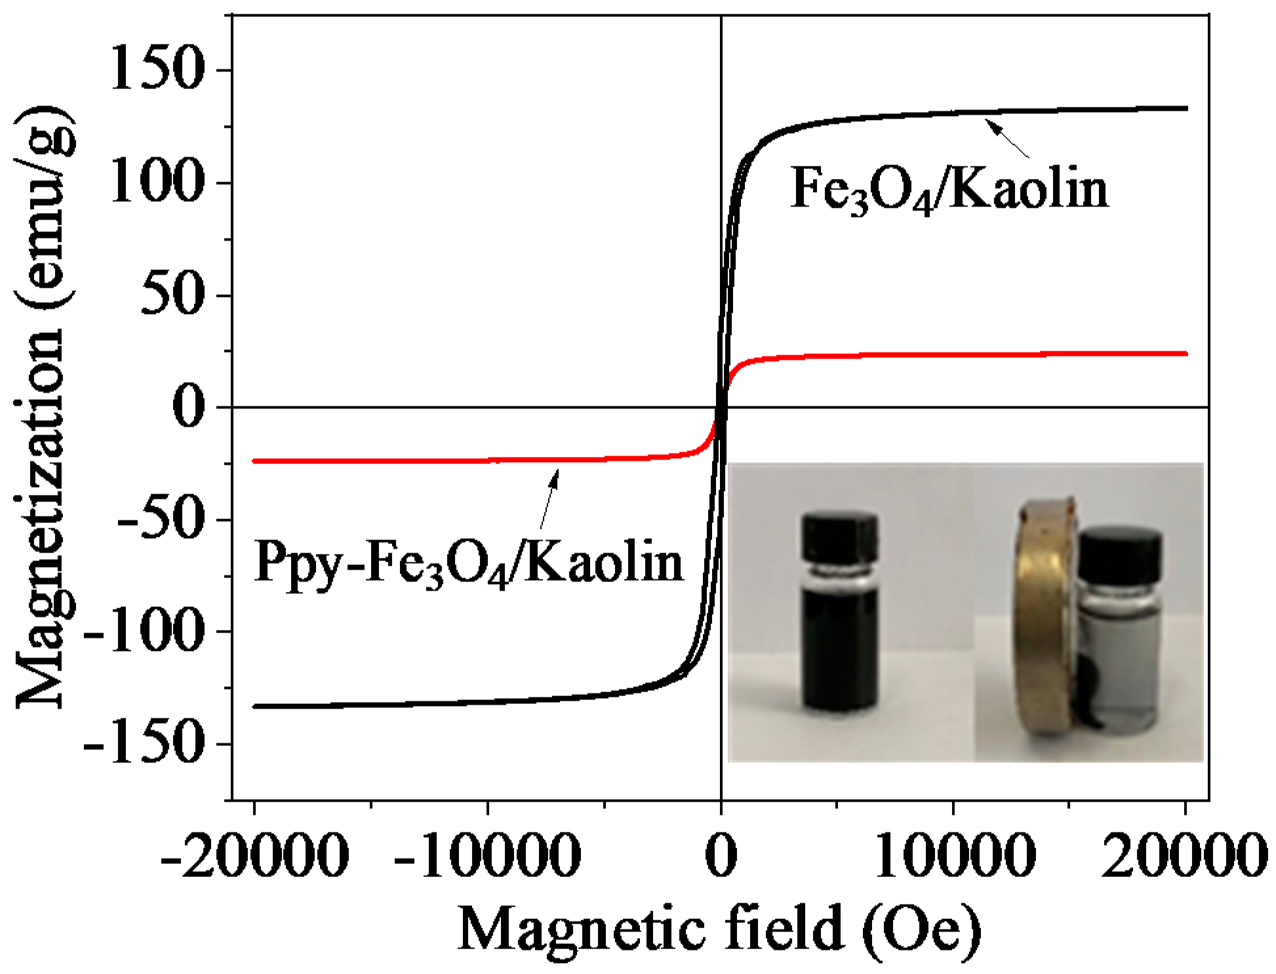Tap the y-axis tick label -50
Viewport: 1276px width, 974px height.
(157, 519)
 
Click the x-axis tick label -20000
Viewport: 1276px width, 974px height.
(254, 855)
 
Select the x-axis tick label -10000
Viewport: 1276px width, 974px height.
(488, 855)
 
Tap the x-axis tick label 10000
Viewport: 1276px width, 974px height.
(955, 855)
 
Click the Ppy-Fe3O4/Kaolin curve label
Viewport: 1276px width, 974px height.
(469, 562)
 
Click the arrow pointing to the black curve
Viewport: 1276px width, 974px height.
(1008, 138)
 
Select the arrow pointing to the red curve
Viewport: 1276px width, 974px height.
(549, 498)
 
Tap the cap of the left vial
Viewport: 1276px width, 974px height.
(840, 536)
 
